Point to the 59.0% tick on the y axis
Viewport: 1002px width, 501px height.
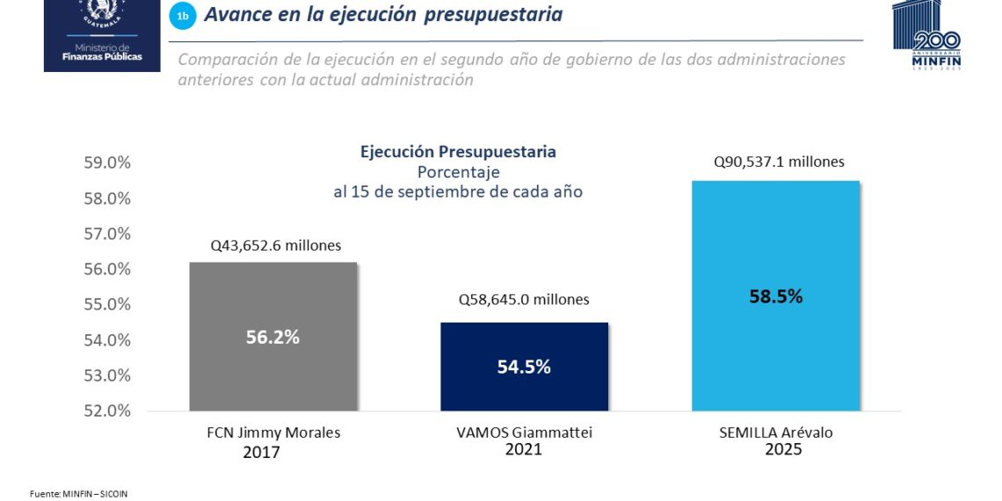point(108,163)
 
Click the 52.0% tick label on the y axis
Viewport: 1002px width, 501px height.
point(108,410)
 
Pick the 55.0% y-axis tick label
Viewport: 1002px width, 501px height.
point(108,304)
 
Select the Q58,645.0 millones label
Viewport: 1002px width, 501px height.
point(524,300)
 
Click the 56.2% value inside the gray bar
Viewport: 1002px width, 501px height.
point(273,337)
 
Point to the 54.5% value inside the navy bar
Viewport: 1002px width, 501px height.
point(524,367)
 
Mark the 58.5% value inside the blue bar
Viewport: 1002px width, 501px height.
point(775,296)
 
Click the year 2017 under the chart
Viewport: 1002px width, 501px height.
point(261,453)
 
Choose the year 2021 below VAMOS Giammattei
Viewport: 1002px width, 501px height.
point(523,449)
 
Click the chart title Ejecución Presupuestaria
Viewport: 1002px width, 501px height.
point(458,152)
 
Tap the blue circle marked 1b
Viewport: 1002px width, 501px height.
point(182,16)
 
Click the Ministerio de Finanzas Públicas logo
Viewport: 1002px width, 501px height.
point(102,35)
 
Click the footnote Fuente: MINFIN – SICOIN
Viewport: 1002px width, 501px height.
point(78,494)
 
